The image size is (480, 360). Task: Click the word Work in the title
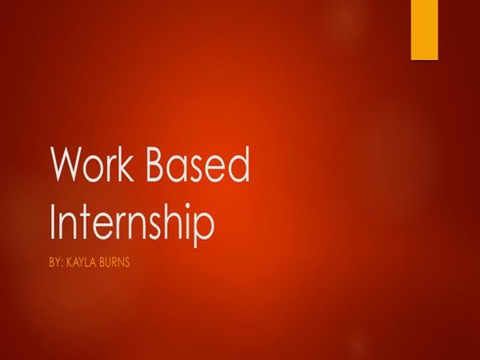click(x=93, y=164)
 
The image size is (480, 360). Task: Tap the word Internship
click(x=132, y=222)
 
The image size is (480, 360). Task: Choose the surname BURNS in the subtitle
click(x=114, y=262)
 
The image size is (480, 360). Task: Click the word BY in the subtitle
click(x=54, y=262)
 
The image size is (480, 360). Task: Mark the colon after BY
click(x=62, y=264)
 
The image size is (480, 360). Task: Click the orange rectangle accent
click(x=424, y=30)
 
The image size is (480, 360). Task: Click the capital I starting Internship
click(x=52, y=222)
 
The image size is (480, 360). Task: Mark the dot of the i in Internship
click(x=185, y=206)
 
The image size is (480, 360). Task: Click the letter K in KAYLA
click(x=69, y=262)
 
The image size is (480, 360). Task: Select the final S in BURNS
click(x=126, y=262)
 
